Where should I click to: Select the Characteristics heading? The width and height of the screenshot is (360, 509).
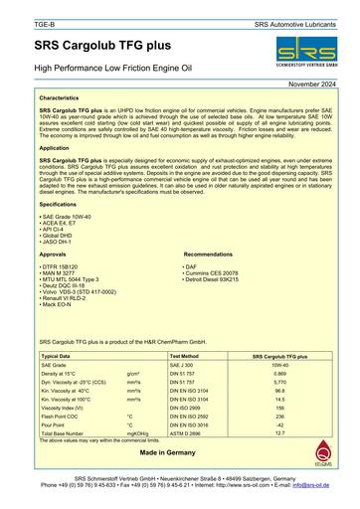[x=65, y=99]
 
